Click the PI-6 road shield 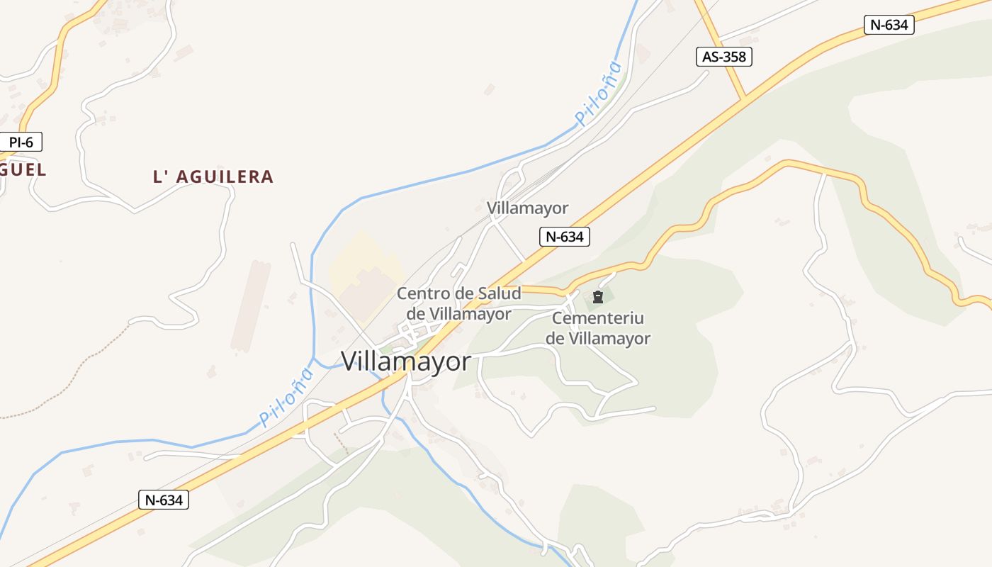point(21,142)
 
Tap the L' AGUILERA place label point(213,176)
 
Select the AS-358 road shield point(723,57)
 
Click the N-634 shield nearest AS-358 point(889,25)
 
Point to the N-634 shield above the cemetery point(565,237)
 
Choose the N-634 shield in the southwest point(164,500)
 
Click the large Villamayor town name point(405,361)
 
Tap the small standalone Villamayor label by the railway point(527,208)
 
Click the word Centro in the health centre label point(423,293)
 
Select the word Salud point(499,293)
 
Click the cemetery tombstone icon point(597,296)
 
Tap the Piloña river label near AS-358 point(599,94)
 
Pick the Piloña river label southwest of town point(286,397)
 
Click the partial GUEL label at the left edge point(23,170)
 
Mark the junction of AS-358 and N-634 point(744,99)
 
